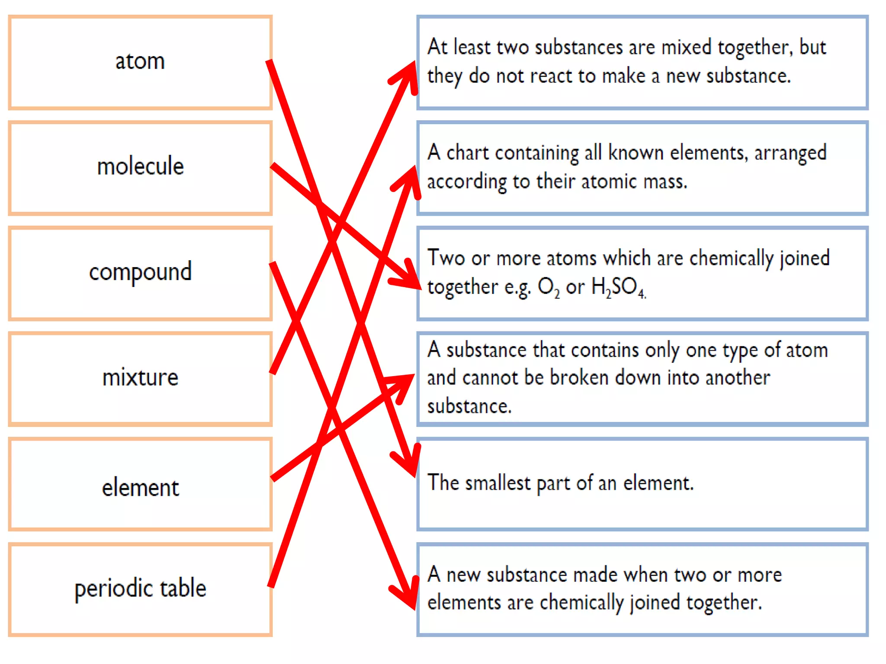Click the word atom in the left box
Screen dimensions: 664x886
click(140, 61)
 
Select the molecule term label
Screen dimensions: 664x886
click(141, 166)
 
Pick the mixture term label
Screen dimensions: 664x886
click(141, 377)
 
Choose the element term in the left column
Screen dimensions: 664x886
click(141, 488)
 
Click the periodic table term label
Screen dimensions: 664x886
click(141, 588)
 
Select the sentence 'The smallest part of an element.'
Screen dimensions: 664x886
click(560, 483)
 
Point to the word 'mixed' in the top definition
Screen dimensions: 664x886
click(686, 47)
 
